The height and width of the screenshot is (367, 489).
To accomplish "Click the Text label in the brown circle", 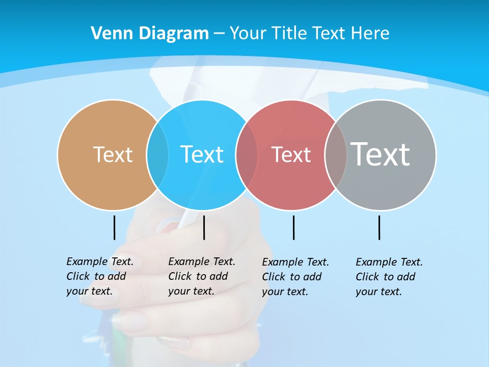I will [113, 154].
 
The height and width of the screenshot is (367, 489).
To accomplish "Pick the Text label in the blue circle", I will [202, 154].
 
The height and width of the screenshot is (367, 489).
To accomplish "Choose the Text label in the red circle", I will [291, 154].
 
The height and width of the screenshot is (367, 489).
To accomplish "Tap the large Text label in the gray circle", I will [380, 154].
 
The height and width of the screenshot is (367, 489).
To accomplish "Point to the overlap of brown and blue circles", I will [157, 154].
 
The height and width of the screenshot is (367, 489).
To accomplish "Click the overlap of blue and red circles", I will [247, 154].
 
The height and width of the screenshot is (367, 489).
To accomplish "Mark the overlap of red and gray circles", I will [336, 154].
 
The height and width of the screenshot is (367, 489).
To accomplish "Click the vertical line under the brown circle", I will [114, 227].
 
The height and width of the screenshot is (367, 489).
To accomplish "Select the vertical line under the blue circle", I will [204, 227].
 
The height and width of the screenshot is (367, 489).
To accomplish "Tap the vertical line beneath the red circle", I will [293, 227].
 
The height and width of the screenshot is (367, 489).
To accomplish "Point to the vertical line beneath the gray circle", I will [379, 227].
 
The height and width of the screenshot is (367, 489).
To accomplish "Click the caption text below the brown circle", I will [99, 276].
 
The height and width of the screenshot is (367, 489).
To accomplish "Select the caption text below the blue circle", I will [201, 276].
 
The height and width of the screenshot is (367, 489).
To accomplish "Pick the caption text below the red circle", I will [295, 277].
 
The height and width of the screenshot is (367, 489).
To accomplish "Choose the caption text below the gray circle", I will [389, 277].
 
